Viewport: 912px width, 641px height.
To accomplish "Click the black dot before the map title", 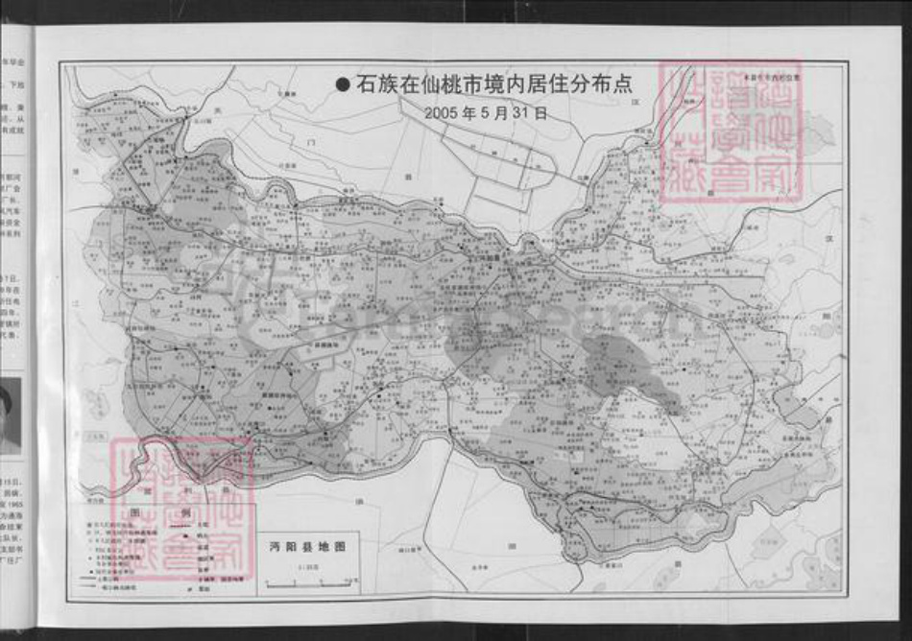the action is click(x=343, y=85).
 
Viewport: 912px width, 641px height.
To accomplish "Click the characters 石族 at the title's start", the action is click(x=373, y=84).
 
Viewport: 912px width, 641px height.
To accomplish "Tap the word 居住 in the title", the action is click(x=546, y=84).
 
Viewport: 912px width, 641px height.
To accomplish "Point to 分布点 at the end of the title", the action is click(x=606, y=84).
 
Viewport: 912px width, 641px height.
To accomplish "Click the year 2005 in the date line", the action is click(x=441, y=111).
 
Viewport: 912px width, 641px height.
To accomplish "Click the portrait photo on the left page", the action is click(x=10, y=415).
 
